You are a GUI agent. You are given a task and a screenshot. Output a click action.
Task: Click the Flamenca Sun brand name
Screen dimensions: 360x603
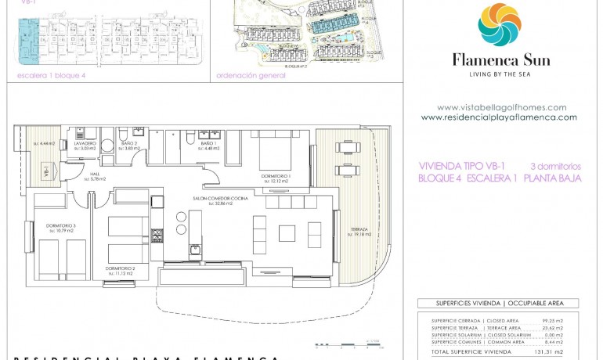click(500, 59)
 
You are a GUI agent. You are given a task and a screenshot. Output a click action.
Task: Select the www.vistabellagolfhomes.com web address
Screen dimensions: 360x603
click(501, 108)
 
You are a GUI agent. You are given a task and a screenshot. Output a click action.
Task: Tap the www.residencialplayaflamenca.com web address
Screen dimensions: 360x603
click(499, 117)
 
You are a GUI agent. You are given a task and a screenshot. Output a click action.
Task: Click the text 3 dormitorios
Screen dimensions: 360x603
click(555, 166)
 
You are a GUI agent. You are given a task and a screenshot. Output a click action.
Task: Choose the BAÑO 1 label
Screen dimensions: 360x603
click(208, 144)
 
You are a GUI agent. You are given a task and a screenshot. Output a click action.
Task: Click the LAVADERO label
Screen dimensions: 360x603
click(85, 144)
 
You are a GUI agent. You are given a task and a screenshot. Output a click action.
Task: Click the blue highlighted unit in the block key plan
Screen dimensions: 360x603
click(28, 43)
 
